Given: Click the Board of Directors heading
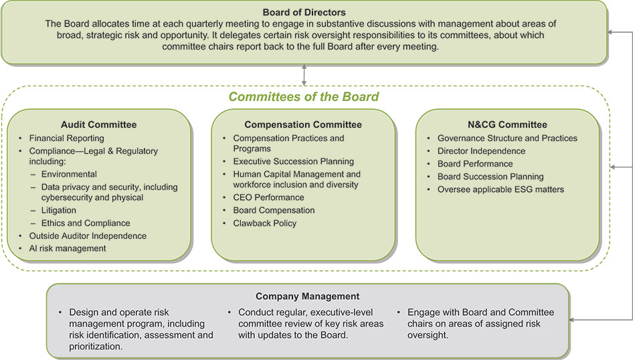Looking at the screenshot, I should [x=304, y=11].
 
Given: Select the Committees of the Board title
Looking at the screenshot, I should [x=304, y=97].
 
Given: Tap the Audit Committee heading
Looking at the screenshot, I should [x=98, y=124].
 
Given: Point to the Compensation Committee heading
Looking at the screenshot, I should [x=303, y=124].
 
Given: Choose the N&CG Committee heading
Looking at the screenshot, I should [x=508, y=124].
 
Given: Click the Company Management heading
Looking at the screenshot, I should [x=308, y=296].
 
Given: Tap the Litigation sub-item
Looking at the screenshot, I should [x=59, y=210].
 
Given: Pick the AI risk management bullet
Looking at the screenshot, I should [x=68, y=248].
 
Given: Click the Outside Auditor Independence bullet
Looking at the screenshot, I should [x=88, y=236].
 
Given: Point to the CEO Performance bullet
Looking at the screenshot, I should [x=268, y=197].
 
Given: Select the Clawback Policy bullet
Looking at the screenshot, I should [x=264, y=223].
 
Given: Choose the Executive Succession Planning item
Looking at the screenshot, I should [x=294, y=161].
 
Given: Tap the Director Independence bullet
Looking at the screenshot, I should [x=481, y=151].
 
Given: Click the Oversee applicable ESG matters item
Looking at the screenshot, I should [x=501, y=189].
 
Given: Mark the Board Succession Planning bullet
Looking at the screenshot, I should [x=490, y=177].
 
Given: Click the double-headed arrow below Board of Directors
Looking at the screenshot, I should [x=304, y=75].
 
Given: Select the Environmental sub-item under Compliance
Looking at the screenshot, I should [x=69, y=174].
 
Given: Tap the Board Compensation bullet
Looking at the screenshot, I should [x=274, y=210].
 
